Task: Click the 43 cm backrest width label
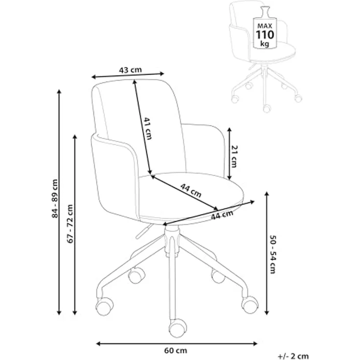click(131, 69)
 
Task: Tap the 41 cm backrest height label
click(148, 129)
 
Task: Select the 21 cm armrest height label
click(234, 157)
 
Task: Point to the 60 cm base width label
click(176, 351)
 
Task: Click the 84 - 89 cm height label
click(55, 199)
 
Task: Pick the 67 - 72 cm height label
click(70, 224)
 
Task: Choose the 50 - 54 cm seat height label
click(272, 254)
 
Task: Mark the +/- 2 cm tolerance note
click(293, 356)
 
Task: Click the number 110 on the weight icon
click(265, 35)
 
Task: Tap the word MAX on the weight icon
click(265, 26)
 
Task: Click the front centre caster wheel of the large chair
click(178, 328)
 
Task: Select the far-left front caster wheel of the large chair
click(105, 306)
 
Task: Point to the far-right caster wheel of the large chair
click(250, 305)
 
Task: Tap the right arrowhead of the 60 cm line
click(255, 344)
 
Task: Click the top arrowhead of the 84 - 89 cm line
click(59, 91)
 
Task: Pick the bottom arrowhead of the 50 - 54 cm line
click(267, 312)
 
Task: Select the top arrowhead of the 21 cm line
click(229, 130)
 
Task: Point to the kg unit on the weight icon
click(265, 44)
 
